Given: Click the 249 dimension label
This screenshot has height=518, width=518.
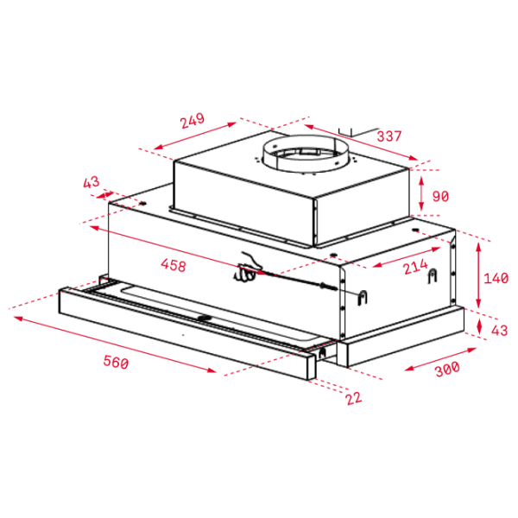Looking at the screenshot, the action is (193, 121).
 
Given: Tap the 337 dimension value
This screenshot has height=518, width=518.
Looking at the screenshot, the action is (388, 136).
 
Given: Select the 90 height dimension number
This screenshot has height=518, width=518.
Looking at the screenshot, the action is (440, 196).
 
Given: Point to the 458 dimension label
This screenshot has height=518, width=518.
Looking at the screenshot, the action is (174, 265).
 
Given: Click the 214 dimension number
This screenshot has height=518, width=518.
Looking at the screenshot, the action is (415, 267).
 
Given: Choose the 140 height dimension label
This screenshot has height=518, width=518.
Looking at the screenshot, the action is (496, 278).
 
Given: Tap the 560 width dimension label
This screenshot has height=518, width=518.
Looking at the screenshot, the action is (116, 362).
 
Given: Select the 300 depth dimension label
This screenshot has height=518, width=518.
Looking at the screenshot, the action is (447, 369).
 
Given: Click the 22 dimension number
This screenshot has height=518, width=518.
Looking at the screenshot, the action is (354, 398).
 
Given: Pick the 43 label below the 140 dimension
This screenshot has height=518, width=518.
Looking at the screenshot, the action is (499, 331).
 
